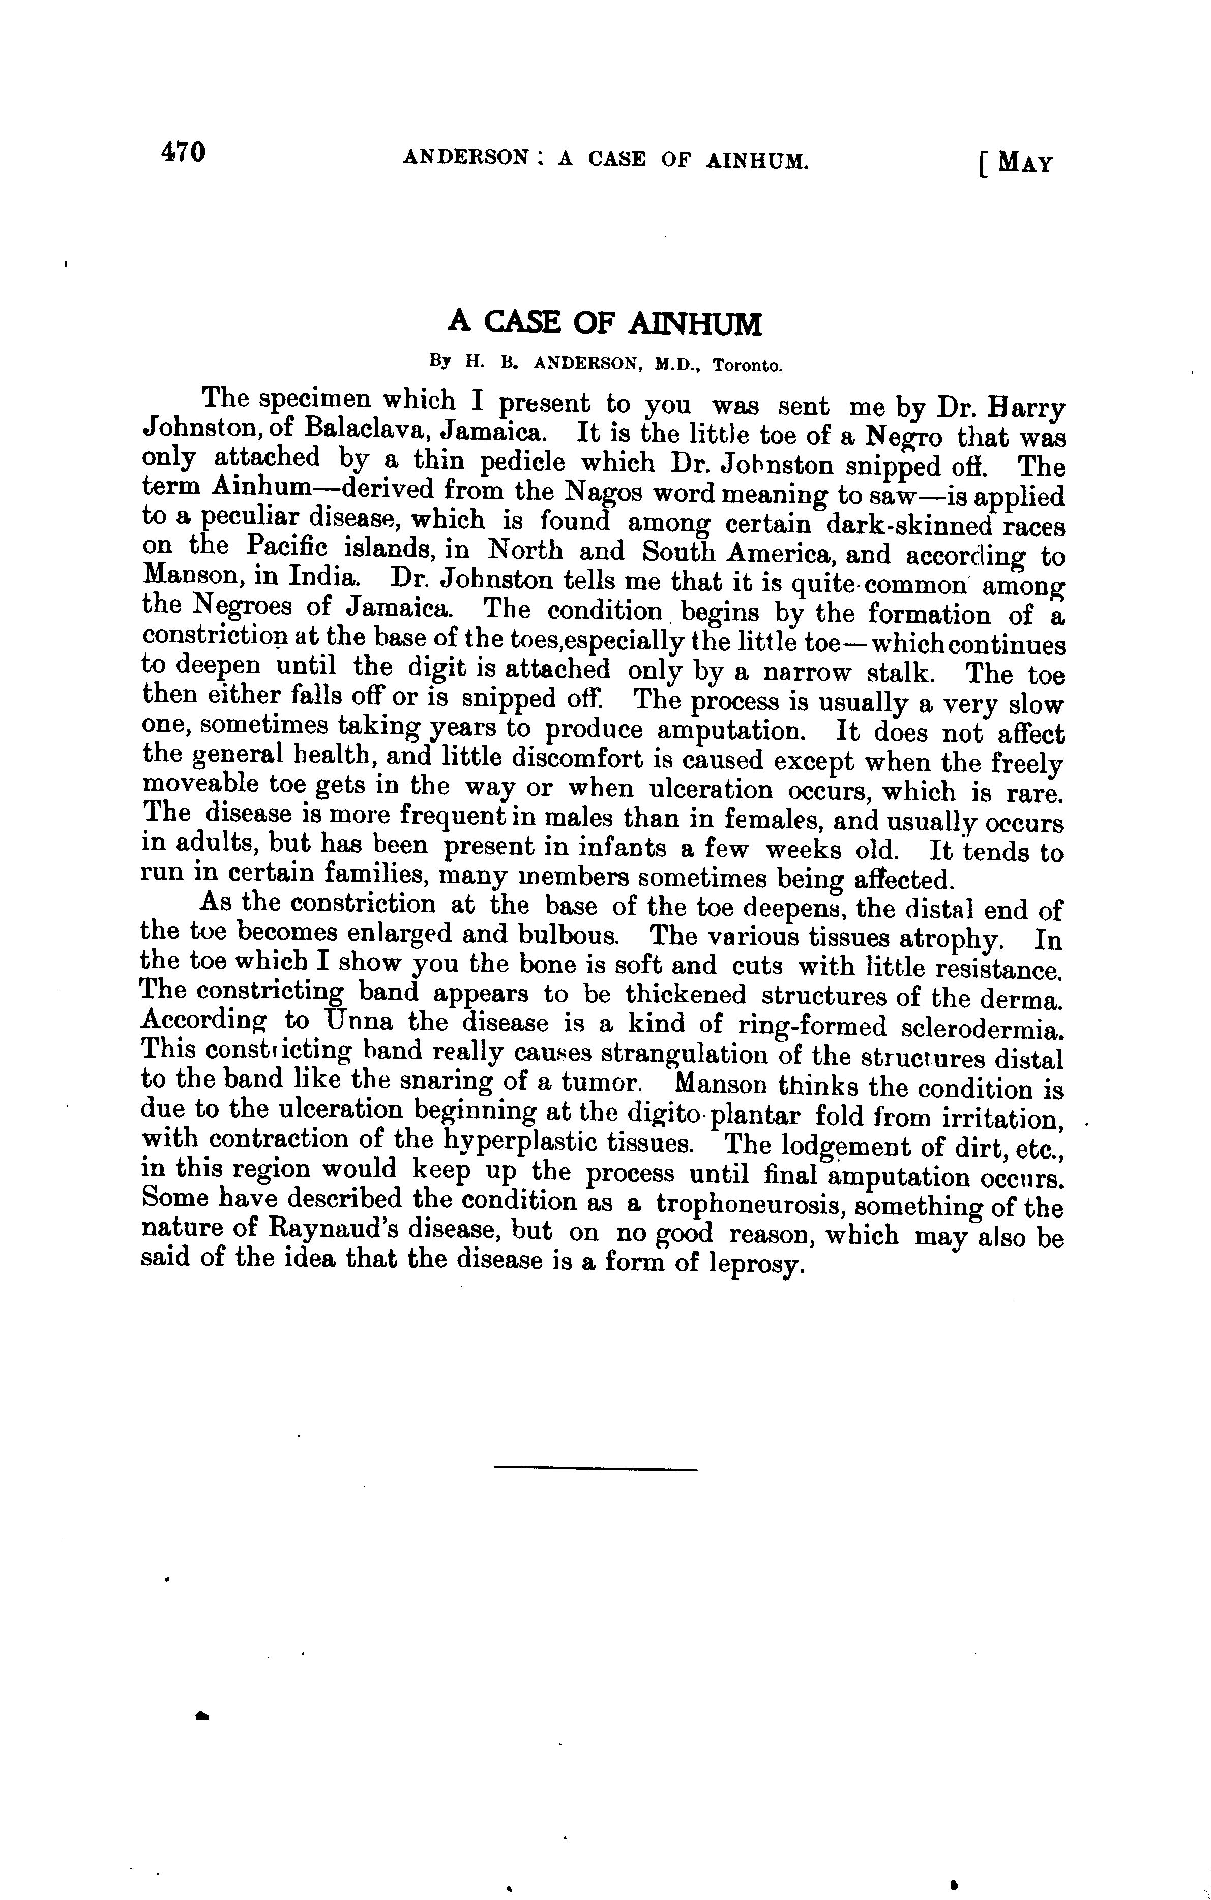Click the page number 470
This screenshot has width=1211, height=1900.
pos(183,152)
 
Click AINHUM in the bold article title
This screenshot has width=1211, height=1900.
pos(695,323)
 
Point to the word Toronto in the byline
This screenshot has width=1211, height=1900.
pos(748,365)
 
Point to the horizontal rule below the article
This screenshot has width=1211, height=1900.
pos(596,1468)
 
